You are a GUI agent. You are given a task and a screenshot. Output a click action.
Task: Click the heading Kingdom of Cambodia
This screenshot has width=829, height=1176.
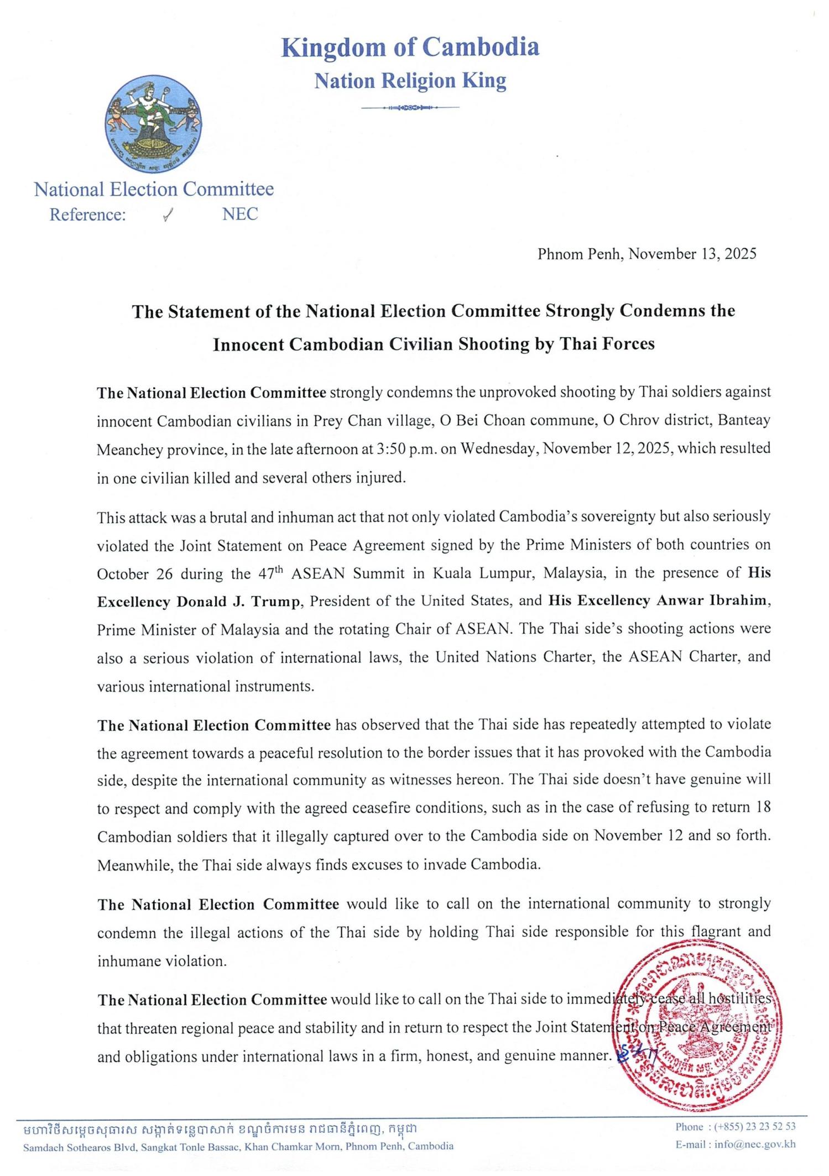(410, 47)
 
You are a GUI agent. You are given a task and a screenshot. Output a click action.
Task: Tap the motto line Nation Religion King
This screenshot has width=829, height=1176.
(410, 81)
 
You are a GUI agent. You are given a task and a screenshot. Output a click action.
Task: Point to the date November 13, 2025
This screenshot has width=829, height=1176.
(692, 254)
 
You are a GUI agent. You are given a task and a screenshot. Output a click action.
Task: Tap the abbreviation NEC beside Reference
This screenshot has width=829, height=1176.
(240, 215)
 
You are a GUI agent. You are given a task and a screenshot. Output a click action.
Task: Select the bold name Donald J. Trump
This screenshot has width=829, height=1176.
(238, 602)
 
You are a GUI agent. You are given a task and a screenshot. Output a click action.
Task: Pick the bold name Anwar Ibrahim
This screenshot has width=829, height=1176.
(712, 601)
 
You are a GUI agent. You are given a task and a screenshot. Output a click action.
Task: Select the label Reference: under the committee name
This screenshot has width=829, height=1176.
(88, 215)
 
